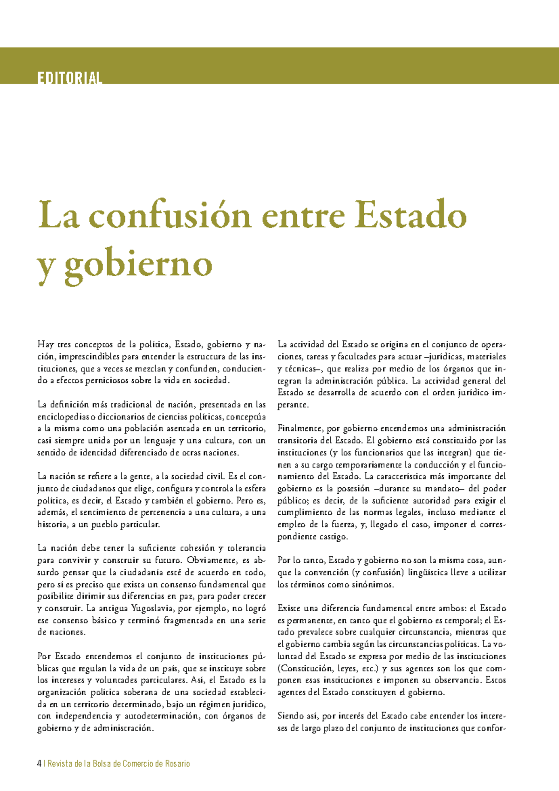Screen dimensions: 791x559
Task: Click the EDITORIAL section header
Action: point(70,78)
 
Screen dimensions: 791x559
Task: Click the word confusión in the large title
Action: point(171,215)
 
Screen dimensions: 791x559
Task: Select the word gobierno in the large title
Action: point(139,264)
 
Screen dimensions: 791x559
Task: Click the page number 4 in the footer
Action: point(39,764)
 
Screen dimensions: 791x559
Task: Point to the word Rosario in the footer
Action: point(177,764)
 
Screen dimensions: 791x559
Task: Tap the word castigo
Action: point(333,537)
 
